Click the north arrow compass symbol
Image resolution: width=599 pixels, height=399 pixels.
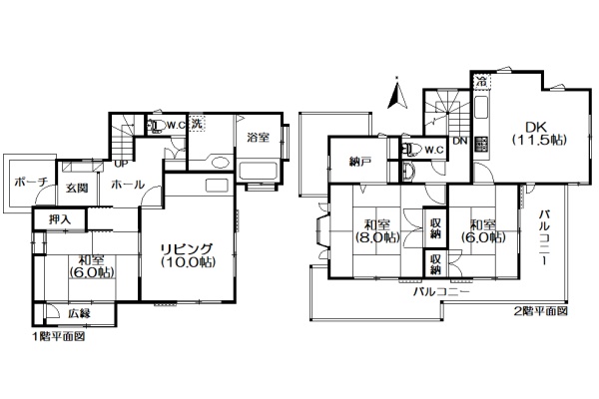(397, 94)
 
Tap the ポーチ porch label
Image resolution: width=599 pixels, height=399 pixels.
(31, 183)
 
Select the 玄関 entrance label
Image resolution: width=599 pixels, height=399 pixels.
(77, 188)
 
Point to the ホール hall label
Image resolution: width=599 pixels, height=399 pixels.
(128, 185)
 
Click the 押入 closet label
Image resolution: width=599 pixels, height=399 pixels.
(60, 219)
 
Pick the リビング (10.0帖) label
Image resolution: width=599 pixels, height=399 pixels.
(188, 255)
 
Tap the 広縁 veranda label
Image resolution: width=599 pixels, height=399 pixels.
(80, 314)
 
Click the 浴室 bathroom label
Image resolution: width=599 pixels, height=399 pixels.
(259, 137)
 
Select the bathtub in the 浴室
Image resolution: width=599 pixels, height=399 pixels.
(258, 172)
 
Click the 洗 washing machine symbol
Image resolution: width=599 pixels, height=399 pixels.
(197, 124)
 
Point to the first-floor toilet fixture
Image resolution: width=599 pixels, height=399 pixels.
(156, 126)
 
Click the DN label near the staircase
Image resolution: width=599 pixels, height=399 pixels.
(460, 141)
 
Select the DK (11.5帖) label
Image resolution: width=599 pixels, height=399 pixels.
(538, 134)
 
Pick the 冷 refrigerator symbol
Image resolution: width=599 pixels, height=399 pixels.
(482, 82)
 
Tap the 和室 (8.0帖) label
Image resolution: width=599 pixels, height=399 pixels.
(377, 231)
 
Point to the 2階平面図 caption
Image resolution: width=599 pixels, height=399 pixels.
(540, 311)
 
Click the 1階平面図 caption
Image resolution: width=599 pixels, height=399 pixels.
(58, 337)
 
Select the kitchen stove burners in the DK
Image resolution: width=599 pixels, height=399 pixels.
(481, 144)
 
